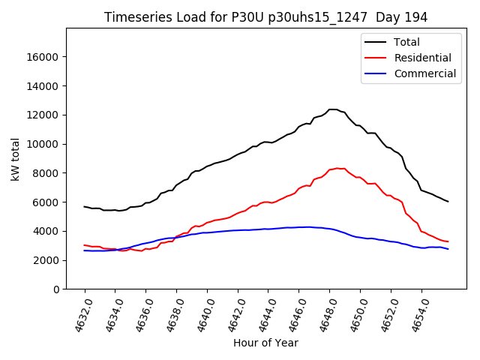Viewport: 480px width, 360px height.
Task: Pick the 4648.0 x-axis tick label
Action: (x=322, y=316)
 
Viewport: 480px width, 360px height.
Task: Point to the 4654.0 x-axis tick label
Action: (x=414, y=316)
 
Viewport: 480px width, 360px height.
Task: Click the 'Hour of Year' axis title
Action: (x=265, y=343)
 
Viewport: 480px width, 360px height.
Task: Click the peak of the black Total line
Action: (x=333, y=109)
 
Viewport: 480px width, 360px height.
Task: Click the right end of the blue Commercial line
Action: (x=448, y=249)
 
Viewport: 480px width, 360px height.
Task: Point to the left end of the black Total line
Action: (x=84, y=206)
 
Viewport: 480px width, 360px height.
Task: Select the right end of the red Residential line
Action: (x=448, y=241)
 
